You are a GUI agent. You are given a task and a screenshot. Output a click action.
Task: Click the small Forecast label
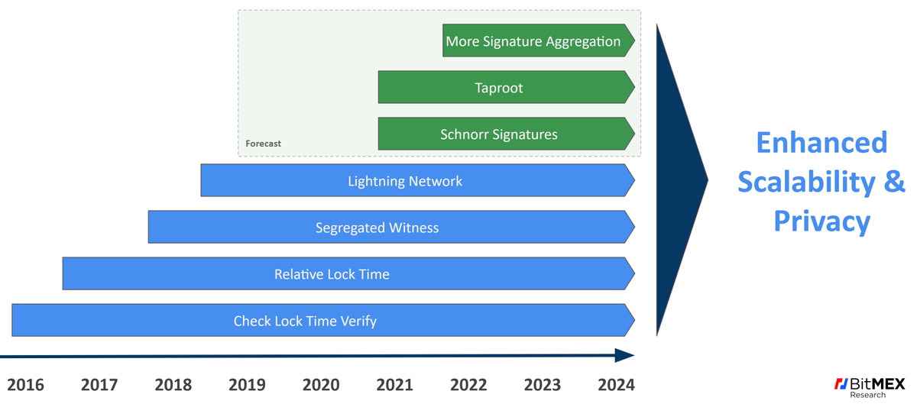click(x=263, y=144)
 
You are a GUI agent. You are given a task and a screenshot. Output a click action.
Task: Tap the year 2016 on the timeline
click(x=25, y=384)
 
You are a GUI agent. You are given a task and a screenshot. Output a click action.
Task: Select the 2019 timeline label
click(x=247, y=384)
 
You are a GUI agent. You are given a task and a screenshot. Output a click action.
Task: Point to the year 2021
click(x=394, y=384)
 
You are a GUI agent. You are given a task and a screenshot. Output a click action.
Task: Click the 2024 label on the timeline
click(x=616, y=384)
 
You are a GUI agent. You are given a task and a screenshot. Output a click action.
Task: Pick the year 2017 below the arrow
click(x=99, y=384)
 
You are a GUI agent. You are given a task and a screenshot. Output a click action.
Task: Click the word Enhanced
click(x=821, y=143)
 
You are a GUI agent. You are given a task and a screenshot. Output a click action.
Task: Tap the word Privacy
click(x=821, y=221)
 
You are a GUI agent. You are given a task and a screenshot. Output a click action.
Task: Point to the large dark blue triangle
click(x=676, y=180)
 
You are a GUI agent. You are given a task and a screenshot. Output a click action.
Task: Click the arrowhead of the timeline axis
click(x=625, y=355)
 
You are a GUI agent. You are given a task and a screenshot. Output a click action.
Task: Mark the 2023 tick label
click(x=543, y=384)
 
